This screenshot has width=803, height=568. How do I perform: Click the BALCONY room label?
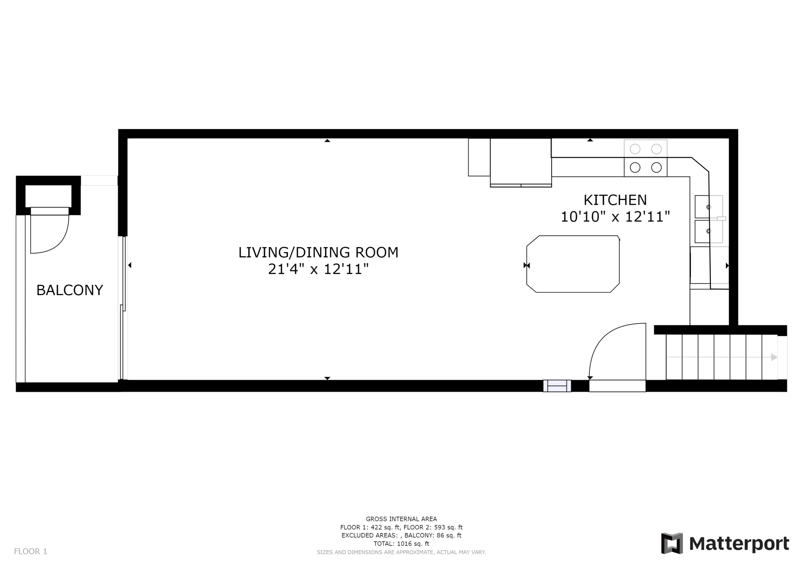[x=70, y=290]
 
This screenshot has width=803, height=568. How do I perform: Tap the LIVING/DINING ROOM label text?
[x=318, y=252]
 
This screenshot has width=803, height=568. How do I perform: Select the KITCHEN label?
[x=615, y=200]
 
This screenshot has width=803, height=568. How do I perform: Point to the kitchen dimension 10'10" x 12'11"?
[x=615, y=217]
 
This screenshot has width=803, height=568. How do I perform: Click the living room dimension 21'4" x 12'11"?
[x=318, y=269]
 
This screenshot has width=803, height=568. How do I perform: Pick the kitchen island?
[x=573, y=264]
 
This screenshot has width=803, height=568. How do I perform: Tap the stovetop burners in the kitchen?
[x=645, y=158]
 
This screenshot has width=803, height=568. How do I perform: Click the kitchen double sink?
[x=709, y=219]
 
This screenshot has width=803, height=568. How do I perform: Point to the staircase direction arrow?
[x=774, y=357]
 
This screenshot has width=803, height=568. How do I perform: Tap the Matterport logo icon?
[x=672, y=543]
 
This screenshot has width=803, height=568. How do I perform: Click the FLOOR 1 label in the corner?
[x=31, y=552]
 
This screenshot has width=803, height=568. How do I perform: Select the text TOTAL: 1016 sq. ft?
[x=401, y=544]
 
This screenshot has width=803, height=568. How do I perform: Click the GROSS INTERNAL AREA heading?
[x=401, y=519]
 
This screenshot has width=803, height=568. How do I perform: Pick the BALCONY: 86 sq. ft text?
[x=433, y=535]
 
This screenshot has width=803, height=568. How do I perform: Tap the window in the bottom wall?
[x=557, y=386]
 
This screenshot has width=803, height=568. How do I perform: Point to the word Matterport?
[x=739, y=544]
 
